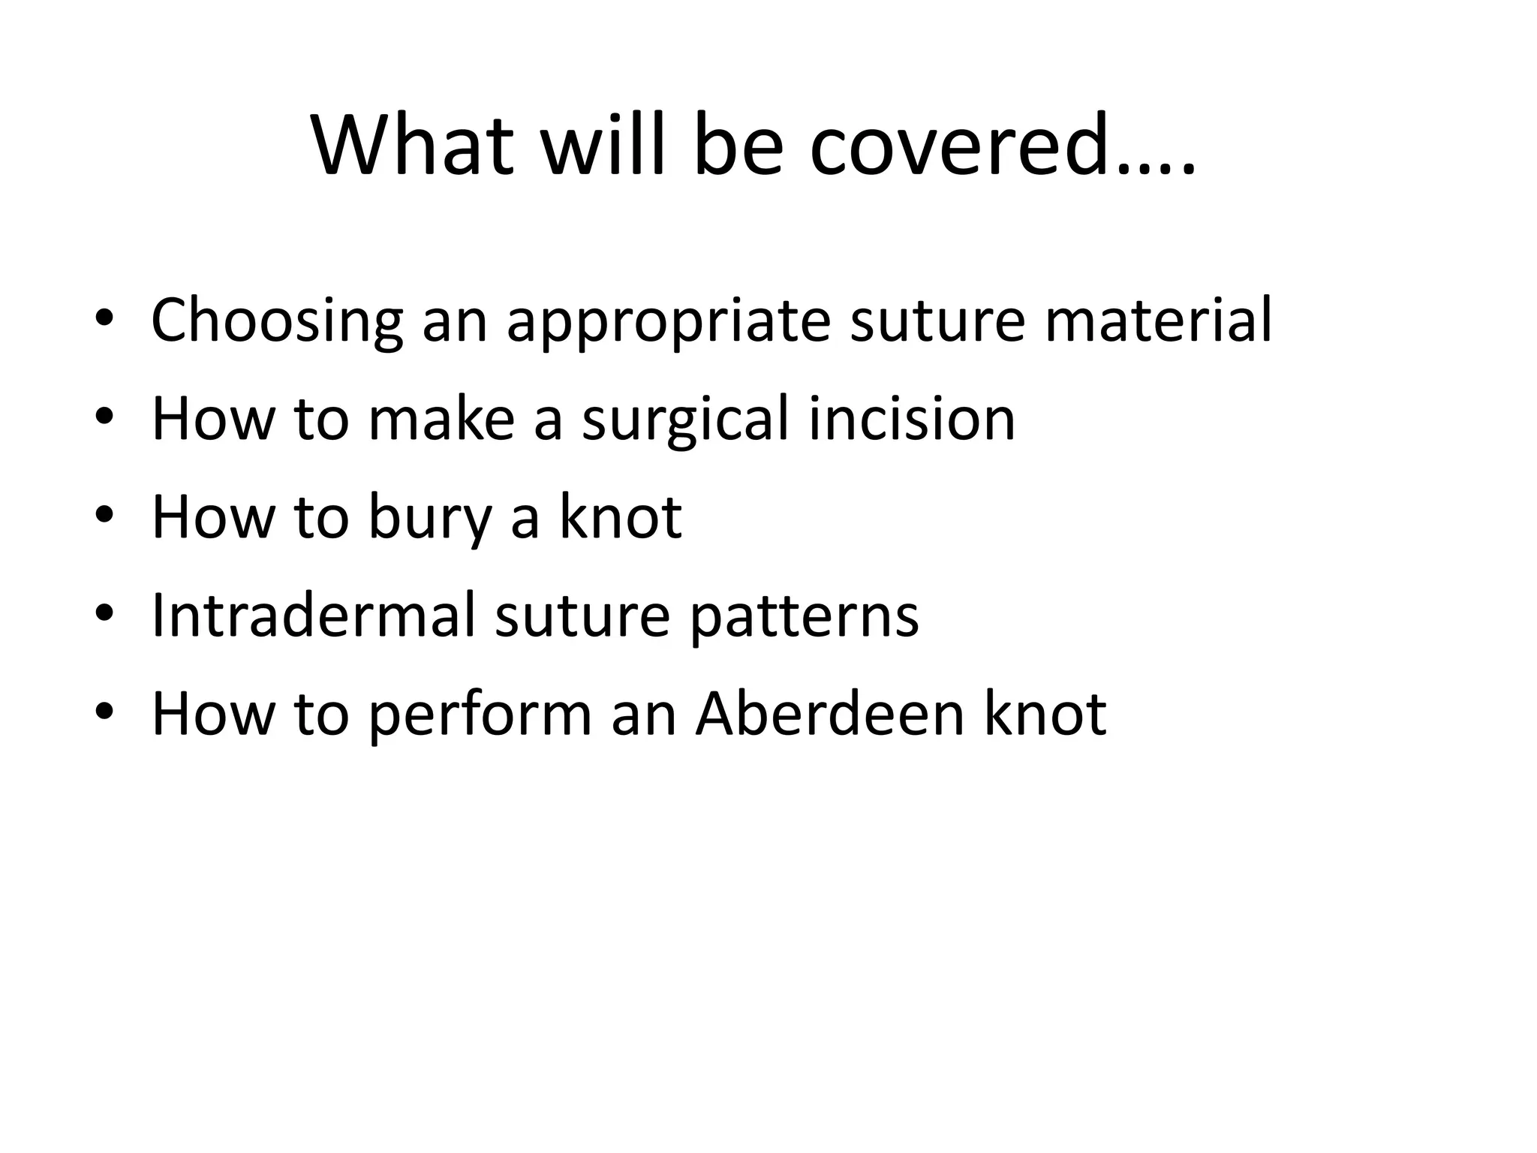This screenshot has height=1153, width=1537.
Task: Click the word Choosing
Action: pos(277,321)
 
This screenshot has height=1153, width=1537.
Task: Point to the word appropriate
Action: pos(669,321)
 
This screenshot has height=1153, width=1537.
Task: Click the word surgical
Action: pos(685,420)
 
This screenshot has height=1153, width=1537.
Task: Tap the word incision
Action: pos(912,420)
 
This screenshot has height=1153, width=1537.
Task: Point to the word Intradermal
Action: pos(314,616)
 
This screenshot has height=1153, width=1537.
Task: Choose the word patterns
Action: pos(805,616)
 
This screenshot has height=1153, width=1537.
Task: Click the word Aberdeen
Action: pos(829,715)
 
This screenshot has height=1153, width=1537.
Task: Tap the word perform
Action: pos(480,715)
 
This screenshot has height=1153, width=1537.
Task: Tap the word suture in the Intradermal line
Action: pos(582,616)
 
